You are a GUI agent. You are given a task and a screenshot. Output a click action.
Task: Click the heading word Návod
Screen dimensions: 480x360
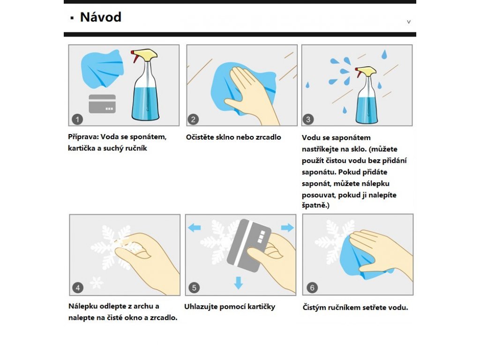point(101,17)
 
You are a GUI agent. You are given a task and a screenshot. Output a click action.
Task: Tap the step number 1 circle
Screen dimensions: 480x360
point(77,119)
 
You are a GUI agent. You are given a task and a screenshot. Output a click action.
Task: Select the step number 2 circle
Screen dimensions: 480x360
point(193,119)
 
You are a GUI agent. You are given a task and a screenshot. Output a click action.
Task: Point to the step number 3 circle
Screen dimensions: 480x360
point(308,119)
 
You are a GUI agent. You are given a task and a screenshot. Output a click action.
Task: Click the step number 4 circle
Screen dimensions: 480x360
point(78,287)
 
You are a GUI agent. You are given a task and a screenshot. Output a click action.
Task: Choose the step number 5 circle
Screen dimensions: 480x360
point(194,287)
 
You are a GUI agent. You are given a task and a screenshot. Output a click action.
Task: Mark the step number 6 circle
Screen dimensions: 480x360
point(312,287)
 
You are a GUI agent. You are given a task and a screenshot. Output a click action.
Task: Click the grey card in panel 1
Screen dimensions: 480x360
point(102,104)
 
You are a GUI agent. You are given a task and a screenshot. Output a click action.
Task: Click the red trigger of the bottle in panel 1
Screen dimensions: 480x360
point(135,57)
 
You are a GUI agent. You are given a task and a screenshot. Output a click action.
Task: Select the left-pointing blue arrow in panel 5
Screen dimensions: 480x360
point(195,228)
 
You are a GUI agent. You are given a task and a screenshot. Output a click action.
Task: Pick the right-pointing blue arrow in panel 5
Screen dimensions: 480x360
point(287,227)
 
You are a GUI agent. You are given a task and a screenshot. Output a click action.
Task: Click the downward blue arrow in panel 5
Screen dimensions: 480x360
point(239,283)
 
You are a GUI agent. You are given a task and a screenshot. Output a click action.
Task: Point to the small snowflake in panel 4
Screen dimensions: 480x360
point(97,282)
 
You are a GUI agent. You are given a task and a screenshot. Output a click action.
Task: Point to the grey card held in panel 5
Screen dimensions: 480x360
point(248,246)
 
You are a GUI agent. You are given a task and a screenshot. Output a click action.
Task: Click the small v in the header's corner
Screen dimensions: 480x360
point(409,22)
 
